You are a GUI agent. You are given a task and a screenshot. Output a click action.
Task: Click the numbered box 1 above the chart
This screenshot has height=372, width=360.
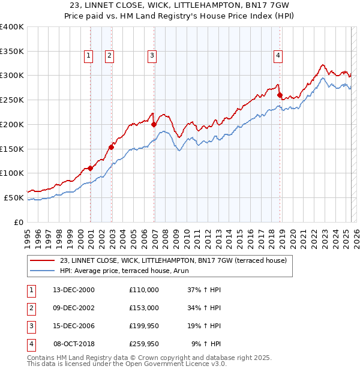[88, 56]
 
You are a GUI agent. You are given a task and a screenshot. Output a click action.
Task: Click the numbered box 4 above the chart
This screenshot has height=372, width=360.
[278, 56]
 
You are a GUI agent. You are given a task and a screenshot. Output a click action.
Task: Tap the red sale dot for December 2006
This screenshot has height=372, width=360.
[154, 124]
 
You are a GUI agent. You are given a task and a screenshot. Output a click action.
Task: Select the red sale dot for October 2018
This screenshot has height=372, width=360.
[280, 95]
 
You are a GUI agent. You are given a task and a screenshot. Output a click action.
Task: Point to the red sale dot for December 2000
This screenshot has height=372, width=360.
[90, 168]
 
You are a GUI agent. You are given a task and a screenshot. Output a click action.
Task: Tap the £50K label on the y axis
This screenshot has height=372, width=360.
[14, 197]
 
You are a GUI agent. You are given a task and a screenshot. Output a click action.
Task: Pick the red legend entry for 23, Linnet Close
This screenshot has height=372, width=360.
[173, 260]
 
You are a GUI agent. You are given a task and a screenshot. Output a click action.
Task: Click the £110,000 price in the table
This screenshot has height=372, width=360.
[144, 290]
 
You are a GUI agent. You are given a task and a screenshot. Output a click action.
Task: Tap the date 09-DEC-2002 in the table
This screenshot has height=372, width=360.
[74, 308]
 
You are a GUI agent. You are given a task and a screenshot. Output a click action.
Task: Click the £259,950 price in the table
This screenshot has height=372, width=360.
[144, 344]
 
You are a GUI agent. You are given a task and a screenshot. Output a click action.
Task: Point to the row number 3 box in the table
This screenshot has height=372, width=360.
[30, 326]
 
